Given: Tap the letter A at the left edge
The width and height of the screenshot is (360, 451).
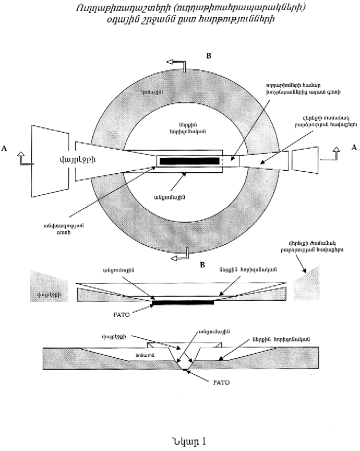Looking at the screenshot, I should pos(5,148).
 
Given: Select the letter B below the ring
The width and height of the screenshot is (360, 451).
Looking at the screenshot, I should pos(204,265).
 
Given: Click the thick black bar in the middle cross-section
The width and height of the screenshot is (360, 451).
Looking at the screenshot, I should pos(182,302).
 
